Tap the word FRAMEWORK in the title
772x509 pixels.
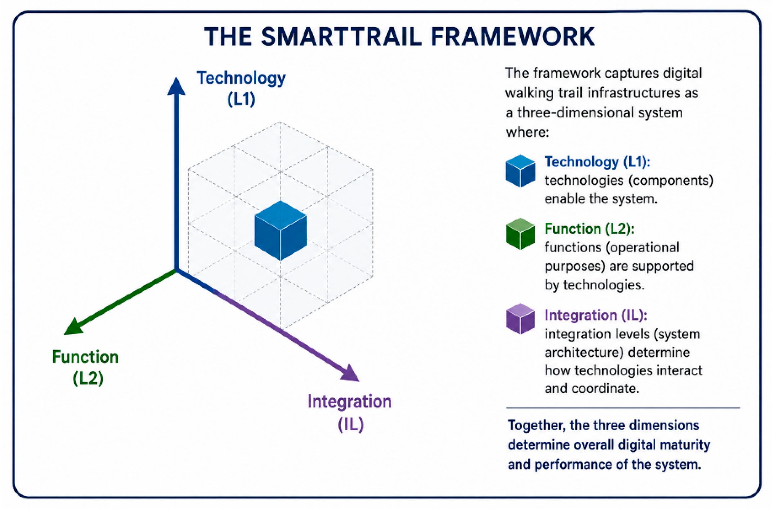513,37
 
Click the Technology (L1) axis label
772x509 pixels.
241,88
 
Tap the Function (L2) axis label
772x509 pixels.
86,367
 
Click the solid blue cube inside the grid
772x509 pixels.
281,230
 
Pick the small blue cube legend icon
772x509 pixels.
520,171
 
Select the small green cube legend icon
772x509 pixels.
520,234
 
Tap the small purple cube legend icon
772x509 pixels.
520,318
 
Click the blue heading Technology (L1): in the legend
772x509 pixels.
597,162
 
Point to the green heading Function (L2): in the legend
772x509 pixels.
590,228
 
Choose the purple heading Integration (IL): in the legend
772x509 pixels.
596,315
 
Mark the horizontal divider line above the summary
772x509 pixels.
623,408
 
